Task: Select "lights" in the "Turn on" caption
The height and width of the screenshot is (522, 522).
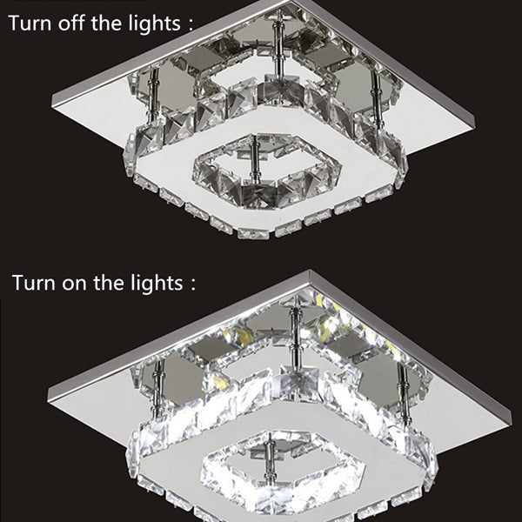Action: coord(157,283)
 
